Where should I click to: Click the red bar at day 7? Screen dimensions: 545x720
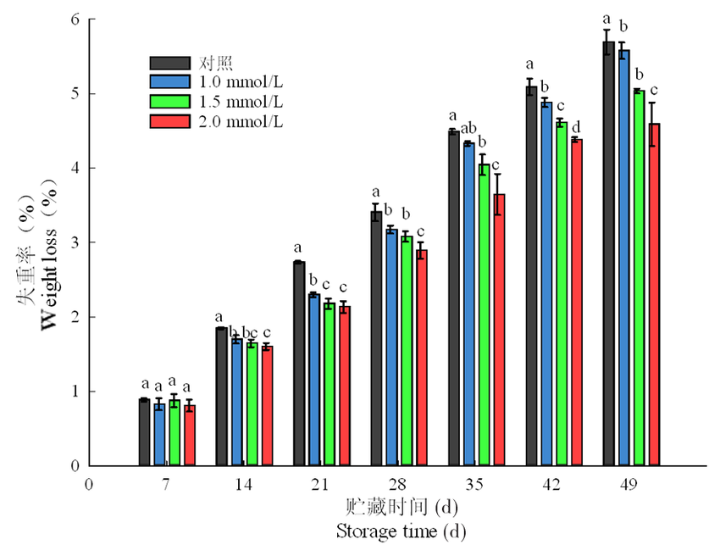(x=190, y=436)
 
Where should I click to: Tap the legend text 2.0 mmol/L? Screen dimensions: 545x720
(x=241, y=122)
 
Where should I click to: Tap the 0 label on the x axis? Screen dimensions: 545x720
(x=88, y=485)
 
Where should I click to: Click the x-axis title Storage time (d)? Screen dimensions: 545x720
(x=401, y=531)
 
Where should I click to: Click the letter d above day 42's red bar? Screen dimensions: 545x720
(x=576, y=128)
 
